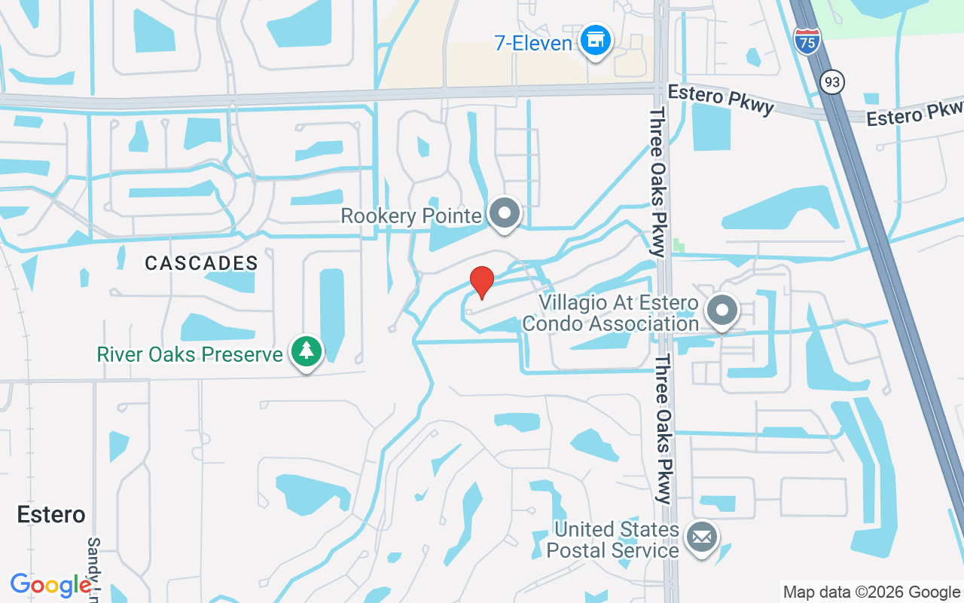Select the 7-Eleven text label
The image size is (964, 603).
(533, 43)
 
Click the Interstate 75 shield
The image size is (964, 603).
(807, 40)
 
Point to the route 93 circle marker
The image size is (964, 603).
(831, 82)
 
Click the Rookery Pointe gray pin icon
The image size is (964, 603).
(505, 213)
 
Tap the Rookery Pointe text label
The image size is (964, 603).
(411, 216)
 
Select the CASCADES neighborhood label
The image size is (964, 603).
(201, 263)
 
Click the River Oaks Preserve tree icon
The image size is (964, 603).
(306, 352)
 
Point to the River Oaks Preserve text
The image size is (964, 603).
(189, 354)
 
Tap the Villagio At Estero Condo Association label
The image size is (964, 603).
(619, 314)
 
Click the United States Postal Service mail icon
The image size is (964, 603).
(702, 537)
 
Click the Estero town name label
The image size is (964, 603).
(51, 515)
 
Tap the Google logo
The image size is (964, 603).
(51, 585)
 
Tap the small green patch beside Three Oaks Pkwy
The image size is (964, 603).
(679, 246)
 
